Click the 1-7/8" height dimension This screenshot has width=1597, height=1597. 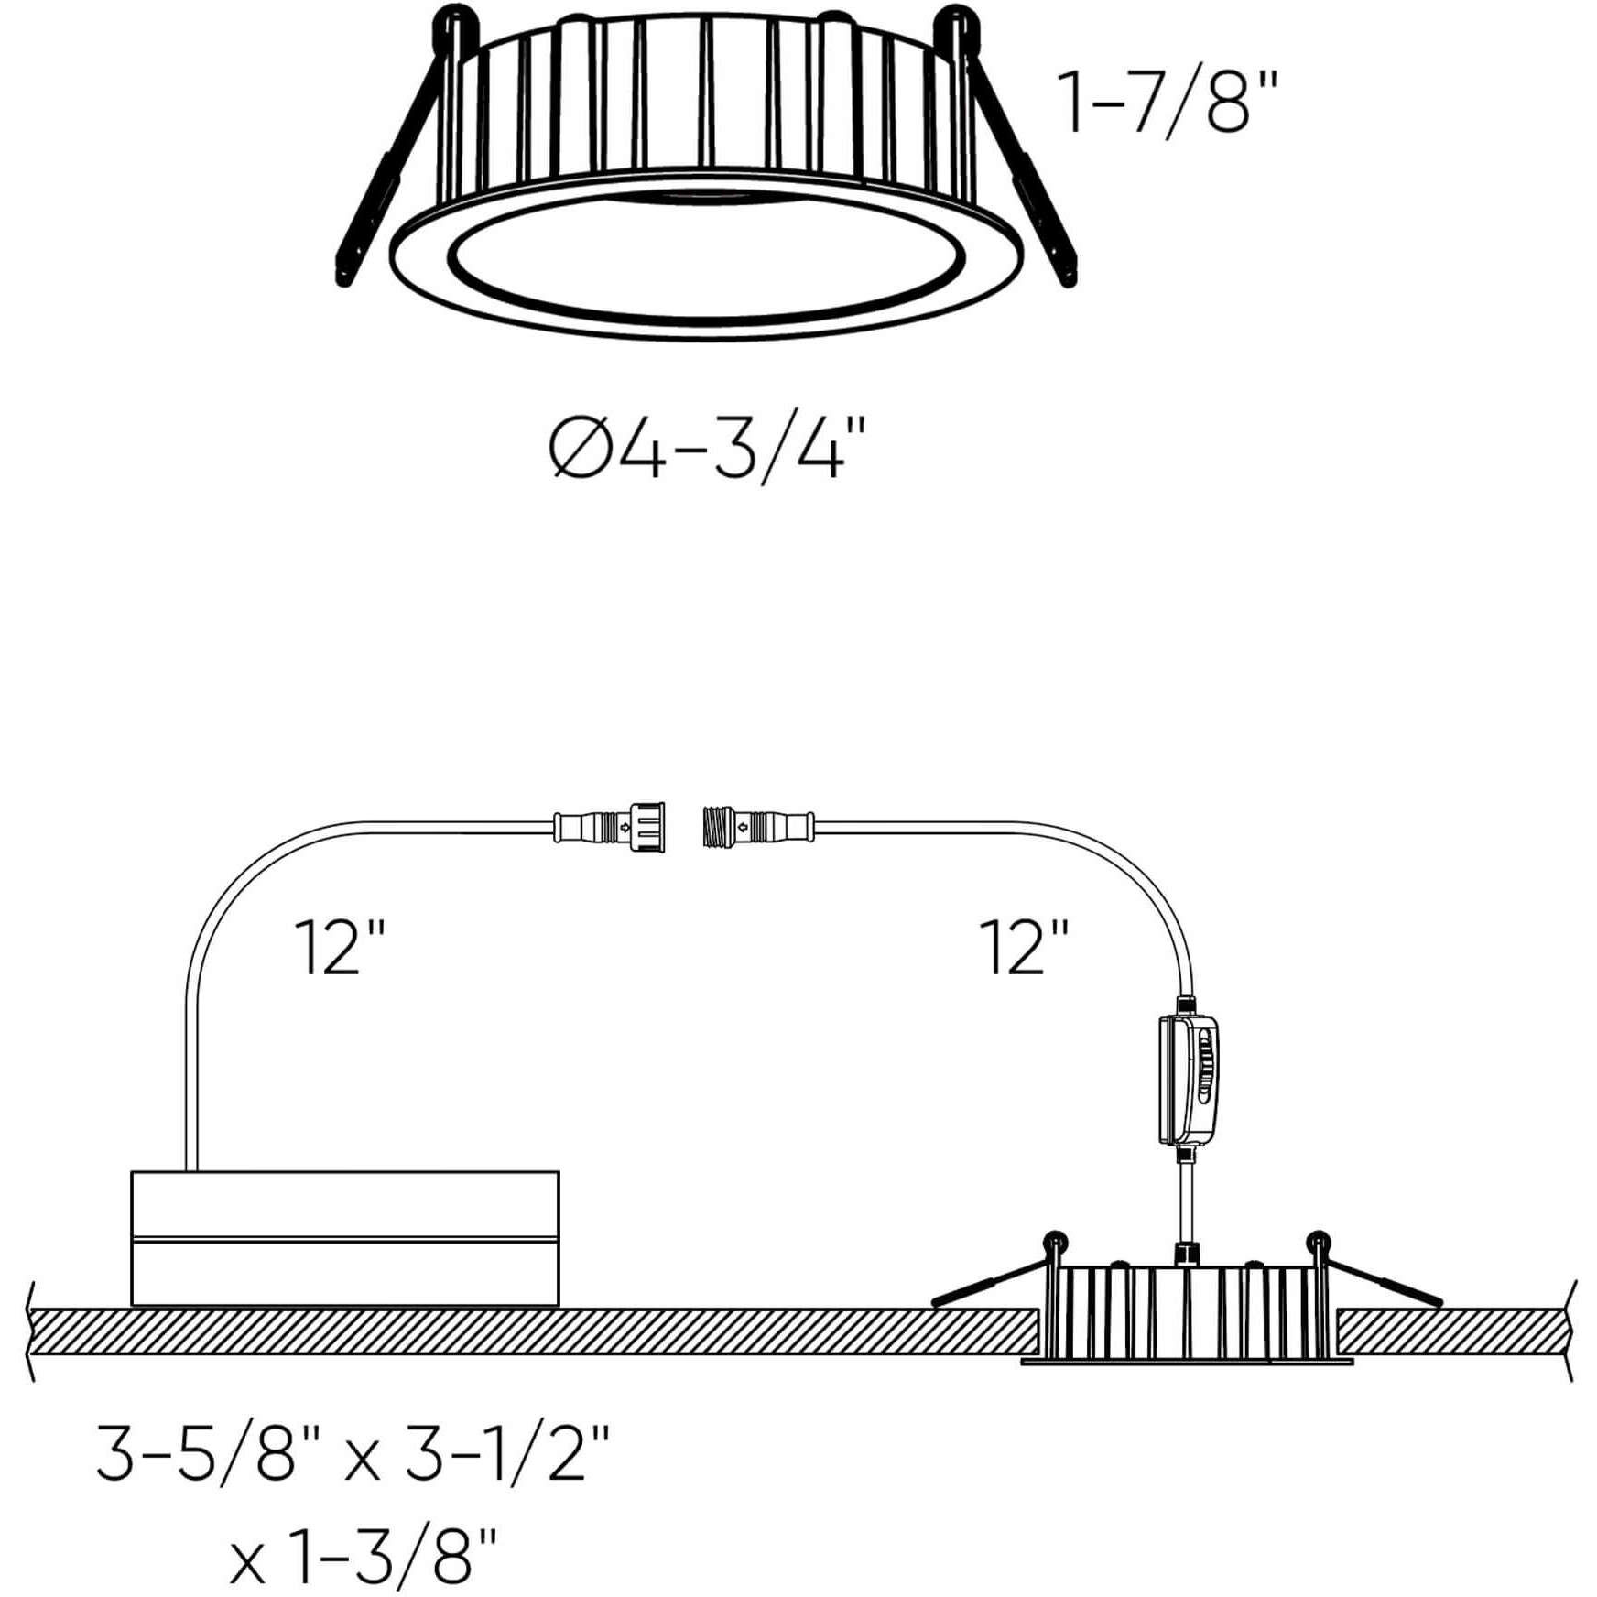(x=1167, y=103)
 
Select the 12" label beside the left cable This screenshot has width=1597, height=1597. (x=339, y=947)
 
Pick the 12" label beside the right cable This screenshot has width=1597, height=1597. (x=1023, y=947)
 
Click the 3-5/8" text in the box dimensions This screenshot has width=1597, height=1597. (x=211, y=1453)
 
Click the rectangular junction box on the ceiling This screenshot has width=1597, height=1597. (x=345, y=1237)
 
